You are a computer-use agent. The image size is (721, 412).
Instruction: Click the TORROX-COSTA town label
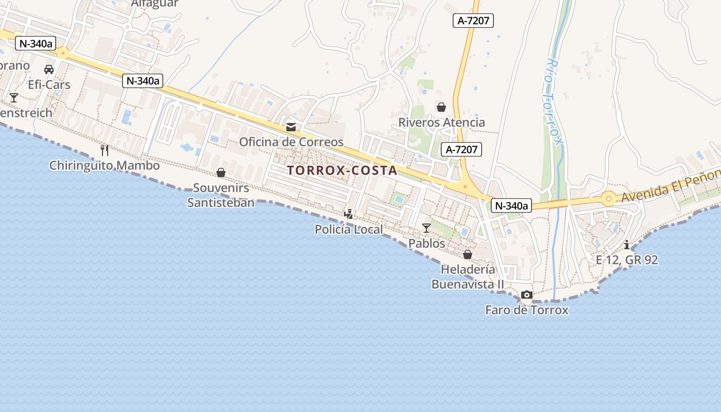342,170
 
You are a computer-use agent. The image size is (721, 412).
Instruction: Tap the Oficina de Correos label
291,142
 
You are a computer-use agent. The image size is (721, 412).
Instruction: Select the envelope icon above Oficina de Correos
291,127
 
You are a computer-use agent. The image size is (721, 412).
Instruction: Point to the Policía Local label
349,229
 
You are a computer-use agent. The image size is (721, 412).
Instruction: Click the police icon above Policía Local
349,214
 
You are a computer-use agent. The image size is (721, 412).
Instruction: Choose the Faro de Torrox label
527,310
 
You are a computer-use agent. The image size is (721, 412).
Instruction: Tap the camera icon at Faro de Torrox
527,295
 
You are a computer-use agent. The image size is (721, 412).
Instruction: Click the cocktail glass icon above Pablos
426,228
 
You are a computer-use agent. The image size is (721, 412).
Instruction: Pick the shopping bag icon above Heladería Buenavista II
468,254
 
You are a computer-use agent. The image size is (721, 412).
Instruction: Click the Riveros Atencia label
441,123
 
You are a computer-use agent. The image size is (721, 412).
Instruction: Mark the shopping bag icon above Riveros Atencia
441,107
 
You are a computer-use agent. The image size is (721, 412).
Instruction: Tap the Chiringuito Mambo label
105,165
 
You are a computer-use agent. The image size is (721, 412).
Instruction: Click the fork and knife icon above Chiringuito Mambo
105,150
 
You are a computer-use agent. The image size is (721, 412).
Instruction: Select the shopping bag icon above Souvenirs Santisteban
221,173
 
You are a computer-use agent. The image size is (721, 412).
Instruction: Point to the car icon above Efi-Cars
49,70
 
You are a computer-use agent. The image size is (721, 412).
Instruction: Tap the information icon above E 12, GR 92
627,245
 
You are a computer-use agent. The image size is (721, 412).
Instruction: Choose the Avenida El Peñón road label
669,186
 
